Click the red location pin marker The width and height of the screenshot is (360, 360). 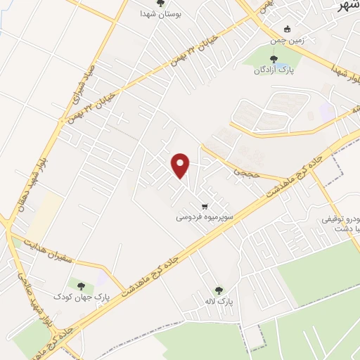[x=181, y=165]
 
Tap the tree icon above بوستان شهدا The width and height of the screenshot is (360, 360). [x=160, y=4]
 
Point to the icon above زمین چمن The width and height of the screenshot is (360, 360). [x=285, y=30]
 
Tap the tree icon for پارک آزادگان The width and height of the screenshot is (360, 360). [x=274, y=59]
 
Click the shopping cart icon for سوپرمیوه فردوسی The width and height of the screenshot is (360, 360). [x=204, y=207]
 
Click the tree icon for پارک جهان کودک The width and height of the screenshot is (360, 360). [x=81, y=286]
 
